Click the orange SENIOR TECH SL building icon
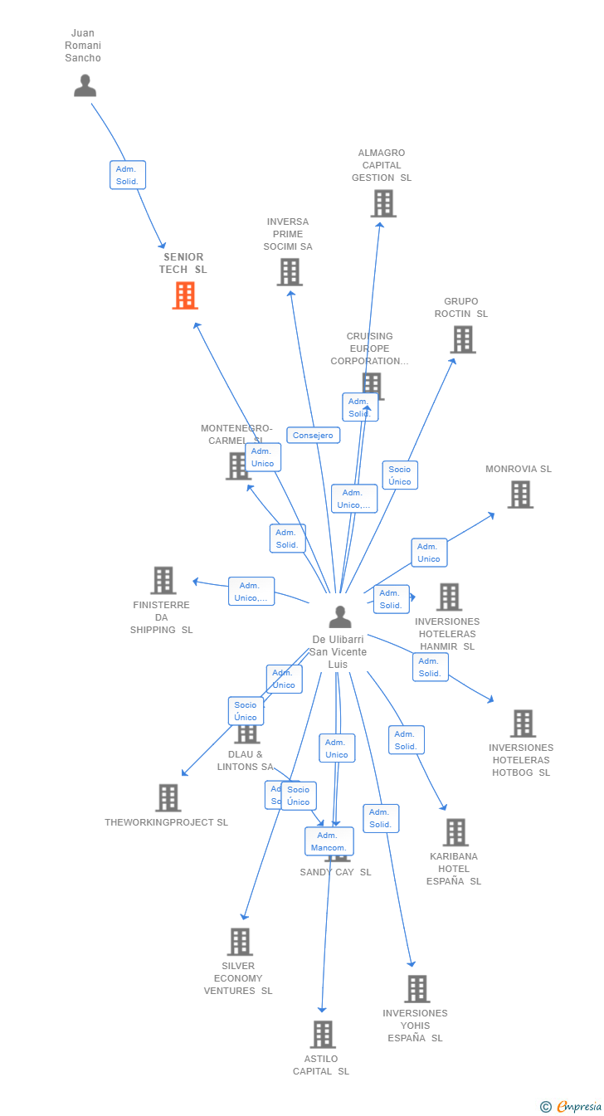[x=185, y=295]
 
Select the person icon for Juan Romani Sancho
[x=85, y=85]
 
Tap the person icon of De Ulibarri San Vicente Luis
[x=340, y=616]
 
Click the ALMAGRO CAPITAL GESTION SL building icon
[x=383, y=203]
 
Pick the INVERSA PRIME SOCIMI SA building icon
[x=290, y=272]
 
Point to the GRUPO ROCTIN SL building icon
[x=463, y=339]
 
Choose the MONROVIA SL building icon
[x=520, y=495]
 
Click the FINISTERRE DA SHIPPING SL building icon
[x=163, y=580]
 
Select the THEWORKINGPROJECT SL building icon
[x=168, y=797]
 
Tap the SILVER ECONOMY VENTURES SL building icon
[x=241, y=942]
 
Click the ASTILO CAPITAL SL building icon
[x=324, y=1035]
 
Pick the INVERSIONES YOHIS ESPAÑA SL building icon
[x=417, y=989]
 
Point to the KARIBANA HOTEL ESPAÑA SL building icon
[x=455, y=832]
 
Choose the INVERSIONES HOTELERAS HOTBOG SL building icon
[x=523, y=724]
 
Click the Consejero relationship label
[x=313, y=435]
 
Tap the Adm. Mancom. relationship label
[x=329, y=841]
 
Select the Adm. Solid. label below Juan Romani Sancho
[x=128, y=175]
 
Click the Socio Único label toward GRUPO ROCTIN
[x=400, y=475]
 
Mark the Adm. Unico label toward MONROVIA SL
[x=429, y=553]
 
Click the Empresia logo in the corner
[x=572, y=1106]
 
